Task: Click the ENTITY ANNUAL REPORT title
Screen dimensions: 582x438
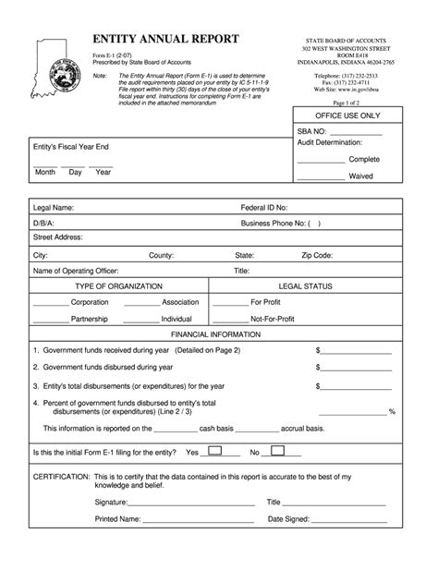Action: [165, 39]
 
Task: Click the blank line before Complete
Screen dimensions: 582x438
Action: [320, 160]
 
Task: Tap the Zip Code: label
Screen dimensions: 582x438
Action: [317, 255]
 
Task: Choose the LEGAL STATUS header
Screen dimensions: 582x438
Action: [304, 286]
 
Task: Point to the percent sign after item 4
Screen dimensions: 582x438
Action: [393, 411]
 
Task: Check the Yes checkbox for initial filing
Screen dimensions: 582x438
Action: [213, 452]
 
